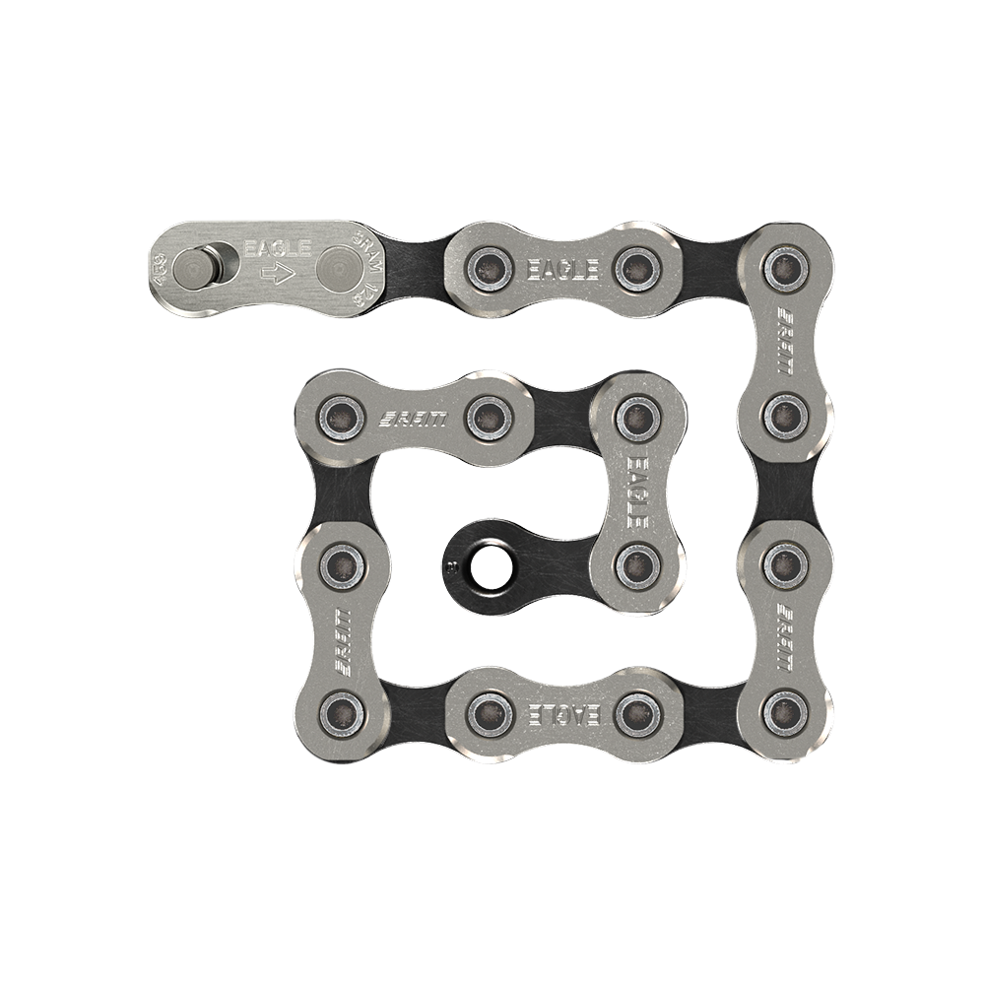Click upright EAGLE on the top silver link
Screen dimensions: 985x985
(x=562, y=266)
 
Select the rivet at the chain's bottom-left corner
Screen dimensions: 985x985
(x=341, y=707)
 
